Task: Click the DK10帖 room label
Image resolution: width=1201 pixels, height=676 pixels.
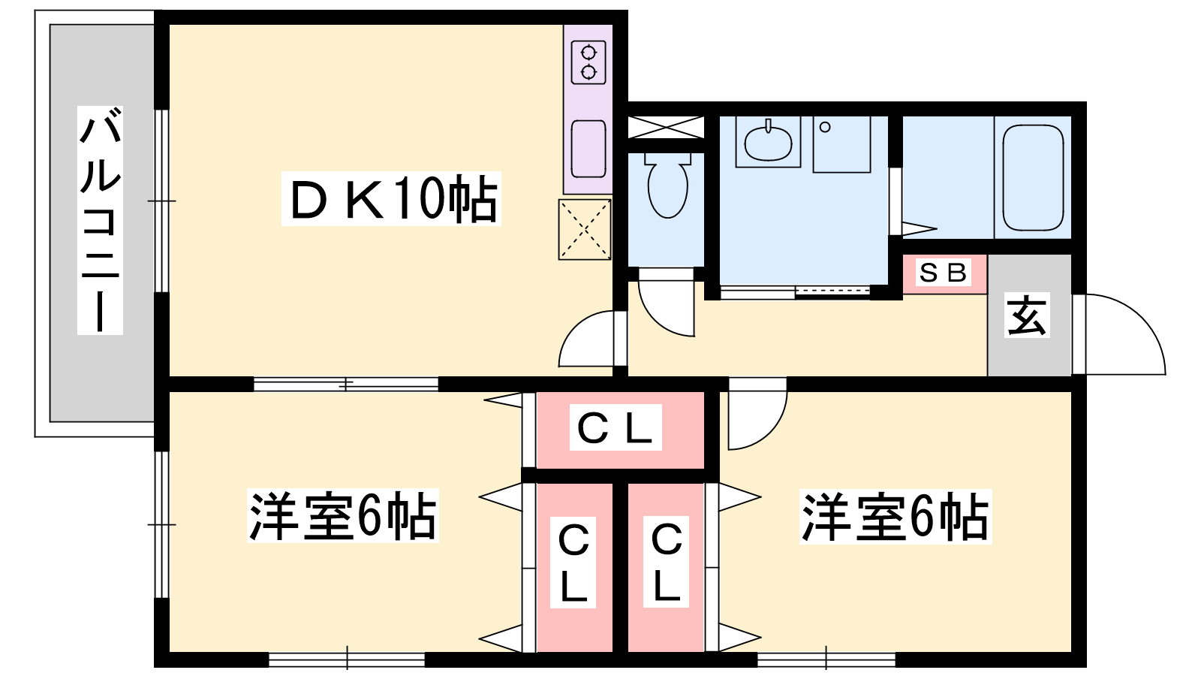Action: pos(391,198)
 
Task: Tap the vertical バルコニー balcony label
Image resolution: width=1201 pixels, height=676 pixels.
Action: pos(101,221)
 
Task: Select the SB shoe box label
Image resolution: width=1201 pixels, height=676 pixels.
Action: pos(943,272)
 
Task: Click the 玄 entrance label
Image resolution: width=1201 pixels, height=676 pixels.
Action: pos(1026,315)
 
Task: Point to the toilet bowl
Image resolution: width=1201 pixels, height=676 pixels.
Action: pos(667,186)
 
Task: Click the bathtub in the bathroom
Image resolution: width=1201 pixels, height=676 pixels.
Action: pos(1033,177)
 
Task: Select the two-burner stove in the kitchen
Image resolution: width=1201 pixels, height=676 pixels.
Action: pos(588,63)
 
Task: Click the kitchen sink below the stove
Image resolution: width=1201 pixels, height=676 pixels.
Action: pos(588,149)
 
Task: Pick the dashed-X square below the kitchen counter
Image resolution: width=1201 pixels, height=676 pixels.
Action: pos(585,230)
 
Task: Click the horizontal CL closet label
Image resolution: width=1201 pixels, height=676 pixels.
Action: pos(616,427)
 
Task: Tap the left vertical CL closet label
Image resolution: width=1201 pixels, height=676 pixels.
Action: pos(573,563)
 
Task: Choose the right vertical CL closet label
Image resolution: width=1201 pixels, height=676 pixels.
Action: pos(666,562)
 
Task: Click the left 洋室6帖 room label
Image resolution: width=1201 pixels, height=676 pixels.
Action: pos(342,515)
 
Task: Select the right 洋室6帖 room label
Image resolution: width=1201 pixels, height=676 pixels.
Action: pos(895,517)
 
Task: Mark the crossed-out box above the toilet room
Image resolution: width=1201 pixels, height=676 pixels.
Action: pos(665,127)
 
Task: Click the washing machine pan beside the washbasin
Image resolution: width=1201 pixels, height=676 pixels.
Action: pos(841,144)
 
